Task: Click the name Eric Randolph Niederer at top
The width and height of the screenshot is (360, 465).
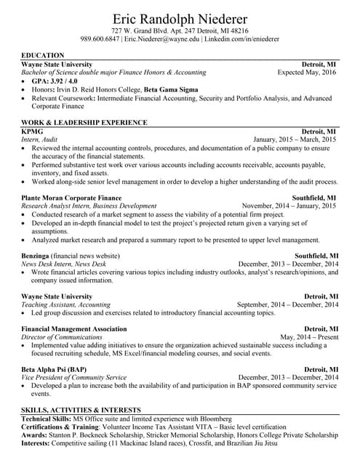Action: pyautogui.click(x=180, y=18)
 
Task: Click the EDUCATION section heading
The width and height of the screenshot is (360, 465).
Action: pyautogui.click(x=43, y=55)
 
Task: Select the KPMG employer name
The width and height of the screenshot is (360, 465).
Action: pyautogui.click(x=32, y=131)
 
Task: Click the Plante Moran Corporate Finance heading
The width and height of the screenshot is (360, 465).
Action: pyautogui.click(x=71, y=198)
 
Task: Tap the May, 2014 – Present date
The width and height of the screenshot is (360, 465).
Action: pyautogui.click(x=308, y=337)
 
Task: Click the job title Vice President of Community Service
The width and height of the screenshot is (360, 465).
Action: pyautogui.click(x=74, y=378)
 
